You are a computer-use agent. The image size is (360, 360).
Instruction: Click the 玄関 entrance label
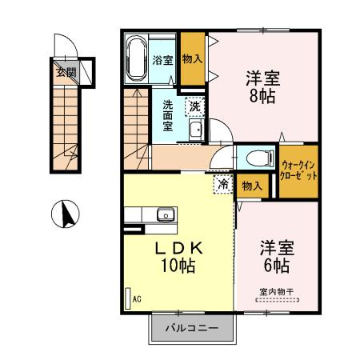click(66, 72)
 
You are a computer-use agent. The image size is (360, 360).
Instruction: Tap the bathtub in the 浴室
click(136, 58)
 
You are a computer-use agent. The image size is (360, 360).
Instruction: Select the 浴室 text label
click(163, 60)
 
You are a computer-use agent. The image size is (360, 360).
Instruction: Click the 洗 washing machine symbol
click(195, 106)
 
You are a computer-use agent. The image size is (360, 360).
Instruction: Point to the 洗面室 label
click(168, 115)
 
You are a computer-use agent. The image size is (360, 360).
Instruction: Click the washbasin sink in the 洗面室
click(197, 130)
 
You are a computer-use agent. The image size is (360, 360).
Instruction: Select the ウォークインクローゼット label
click(298, 170)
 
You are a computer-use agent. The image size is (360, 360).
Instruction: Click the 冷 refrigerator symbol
click(223, 184)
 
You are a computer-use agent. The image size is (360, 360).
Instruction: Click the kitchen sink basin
click(166, 214)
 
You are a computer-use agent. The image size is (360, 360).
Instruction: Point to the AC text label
click(137, 299)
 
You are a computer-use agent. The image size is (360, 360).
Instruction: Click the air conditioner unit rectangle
click(128, 298)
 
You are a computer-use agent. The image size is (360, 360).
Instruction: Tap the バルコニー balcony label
click(192, 328)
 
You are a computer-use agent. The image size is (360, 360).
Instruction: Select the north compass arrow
click(68, 214)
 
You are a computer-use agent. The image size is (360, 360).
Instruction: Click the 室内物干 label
click(277, 291)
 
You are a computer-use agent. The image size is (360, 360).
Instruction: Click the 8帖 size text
click(262, 96)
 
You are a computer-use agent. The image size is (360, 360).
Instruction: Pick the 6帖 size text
click(277, 266)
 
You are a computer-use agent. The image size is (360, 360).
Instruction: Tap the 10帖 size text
click(178, 266)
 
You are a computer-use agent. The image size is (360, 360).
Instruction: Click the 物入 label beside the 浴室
click(192, 58)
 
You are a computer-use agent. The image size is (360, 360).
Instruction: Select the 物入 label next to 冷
click(252, 186)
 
